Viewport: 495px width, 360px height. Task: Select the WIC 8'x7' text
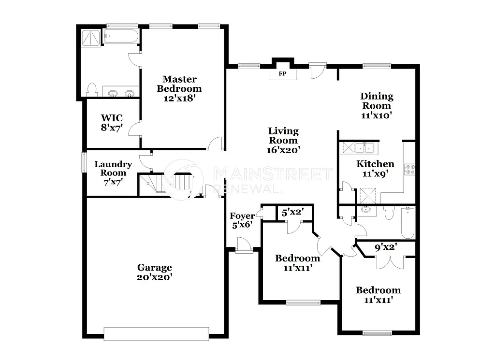pyautogui.click(x=112, y=123)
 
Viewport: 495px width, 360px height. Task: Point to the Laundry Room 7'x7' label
pyautogui.click(x=113, y=173)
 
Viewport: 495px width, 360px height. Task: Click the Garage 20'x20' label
pyautogui.click(x=155, y=273)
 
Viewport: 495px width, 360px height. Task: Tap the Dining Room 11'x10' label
pyautogui.click(x=377, y=105)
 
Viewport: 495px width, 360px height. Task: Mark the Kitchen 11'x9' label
pyautogui.click(x=375, y=168)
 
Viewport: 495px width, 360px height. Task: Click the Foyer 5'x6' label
pyautogui.click(x=241, y=220)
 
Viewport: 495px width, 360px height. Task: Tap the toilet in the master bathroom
pyautogui.click(x=91, y=89)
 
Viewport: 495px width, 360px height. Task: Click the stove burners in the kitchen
pyautogui.click(x=410, y=169)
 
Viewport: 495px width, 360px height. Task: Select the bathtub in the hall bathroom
pyautogui.click(x=408, y=222)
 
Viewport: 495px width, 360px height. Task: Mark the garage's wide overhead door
pyautogui.click(x=156, y=334)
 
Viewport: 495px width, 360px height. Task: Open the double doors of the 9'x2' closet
pyautogui.click(x=390, y=261)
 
